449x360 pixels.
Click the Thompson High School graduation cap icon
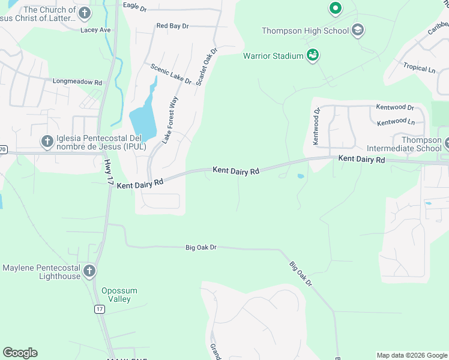pyautogui.click(x=358, y=30)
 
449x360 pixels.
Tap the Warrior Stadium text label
pyautogui.click(x=273, y=56)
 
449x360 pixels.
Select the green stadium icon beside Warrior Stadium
pyautogui.click(x=312, y=56)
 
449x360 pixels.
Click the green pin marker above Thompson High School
pyautogui.click(x=335, y=8)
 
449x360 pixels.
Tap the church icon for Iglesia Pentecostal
pyautogui.click(x=47, y=142)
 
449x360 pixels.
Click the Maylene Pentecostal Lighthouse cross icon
pyautogui.click(x=89, y=271)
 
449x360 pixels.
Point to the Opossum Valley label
pyautogui.click(x=119, y=295)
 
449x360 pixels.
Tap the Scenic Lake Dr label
pyautogui.click(x=170, y=74)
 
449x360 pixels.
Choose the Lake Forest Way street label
pyautogui.click(x=170, y=119)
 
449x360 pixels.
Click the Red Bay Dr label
pyautogui.click(x=172, y=26)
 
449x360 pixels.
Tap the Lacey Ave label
pyautogui.click(x=96, y=29)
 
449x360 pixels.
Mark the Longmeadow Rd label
pyautogui.click(x=77, y=82)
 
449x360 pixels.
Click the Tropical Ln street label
pyautogui.click(x=419, y=68)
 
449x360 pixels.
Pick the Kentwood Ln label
pyautogui.click(x=396, y=122)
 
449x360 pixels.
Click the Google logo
pyautogui.click(x=20, y=353)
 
